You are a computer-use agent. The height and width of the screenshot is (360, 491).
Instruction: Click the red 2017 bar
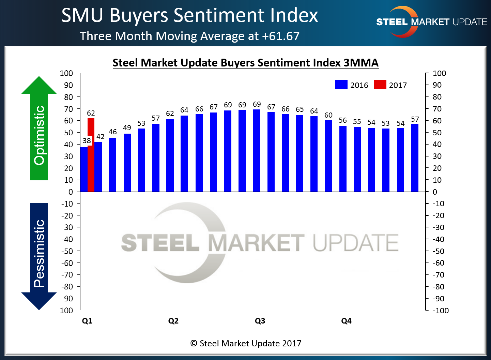[91, 155]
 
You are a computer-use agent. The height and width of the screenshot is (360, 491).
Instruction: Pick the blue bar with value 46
[112, 165]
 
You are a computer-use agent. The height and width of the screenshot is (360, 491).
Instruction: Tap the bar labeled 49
[127, 163]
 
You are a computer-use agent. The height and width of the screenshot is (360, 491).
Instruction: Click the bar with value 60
[328, 156]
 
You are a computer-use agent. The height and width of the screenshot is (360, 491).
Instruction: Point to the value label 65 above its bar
[300, 109]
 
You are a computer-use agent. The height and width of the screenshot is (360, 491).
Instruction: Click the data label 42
[100, 137]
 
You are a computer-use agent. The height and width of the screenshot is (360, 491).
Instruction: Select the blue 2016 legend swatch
[341, 85]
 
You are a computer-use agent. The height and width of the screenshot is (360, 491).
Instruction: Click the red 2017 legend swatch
[380, 85]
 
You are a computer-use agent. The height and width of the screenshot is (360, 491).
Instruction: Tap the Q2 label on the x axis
[173, 321]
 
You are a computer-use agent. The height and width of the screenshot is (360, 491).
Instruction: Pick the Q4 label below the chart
[346, 321]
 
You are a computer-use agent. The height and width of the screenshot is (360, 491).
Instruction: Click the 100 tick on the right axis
[439, 73]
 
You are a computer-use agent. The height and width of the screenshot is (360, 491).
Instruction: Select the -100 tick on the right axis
[441, 311]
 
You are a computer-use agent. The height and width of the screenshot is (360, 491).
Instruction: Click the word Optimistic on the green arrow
[39, 135]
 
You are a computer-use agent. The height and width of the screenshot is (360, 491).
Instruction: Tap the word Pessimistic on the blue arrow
[39, 253]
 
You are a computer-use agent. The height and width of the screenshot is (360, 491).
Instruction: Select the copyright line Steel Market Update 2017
[246, 343]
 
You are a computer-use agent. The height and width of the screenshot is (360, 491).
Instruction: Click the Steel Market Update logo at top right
[431, 22]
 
